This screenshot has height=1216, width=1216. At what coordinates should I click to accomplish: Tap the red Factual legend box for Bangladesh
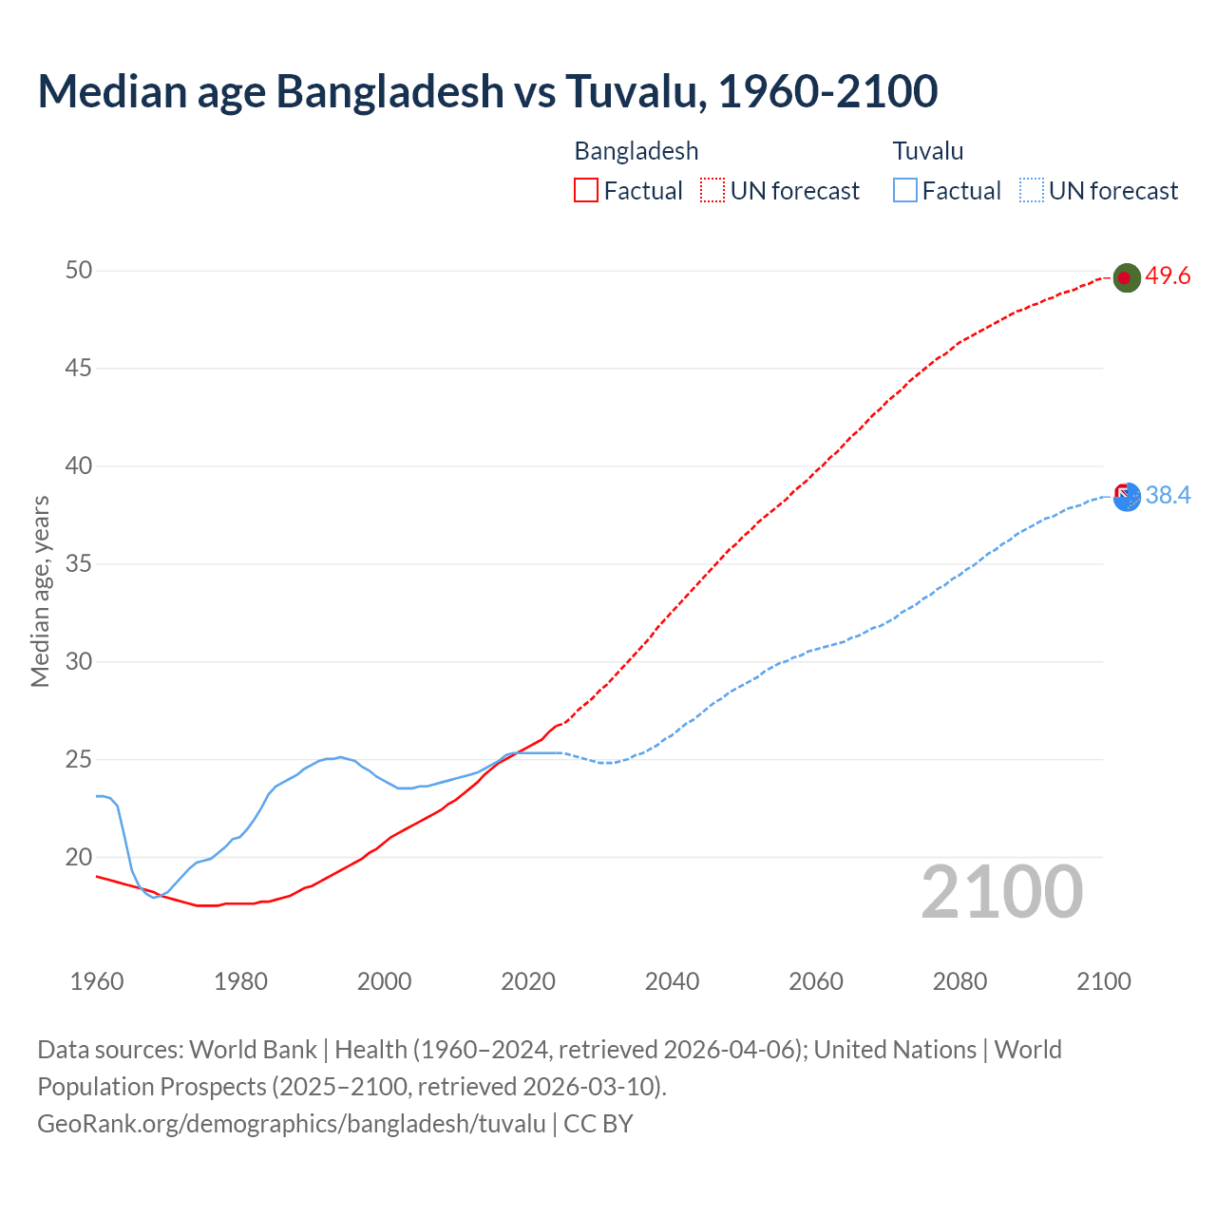[x=586, y=191]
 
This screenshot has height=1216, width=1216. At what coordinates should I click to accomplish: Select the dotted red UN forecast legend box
[x=712, y=191]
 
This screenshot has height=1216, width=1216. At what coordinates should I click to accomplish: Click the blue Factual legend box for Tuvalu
[x=905, y=191]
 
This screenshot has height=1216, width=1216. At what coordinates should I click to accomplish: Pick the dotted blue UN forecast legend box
[x=1032, y=191]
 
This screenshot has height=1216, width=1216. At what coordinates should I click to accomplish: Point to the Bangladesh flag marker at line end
[x=1126, y=277]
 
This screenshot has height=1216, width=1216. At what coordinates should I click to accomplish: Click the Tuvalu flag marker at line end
[x=1126, y=496]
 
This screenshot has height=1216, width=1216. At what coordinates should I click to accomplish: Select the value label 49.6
[x=1168, y=276]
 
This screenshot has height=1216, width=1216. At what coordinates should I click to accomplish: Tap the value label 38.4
[x=1168, y=495]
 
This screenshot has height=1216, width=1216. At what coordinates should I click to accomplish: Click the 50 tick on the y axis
[x=79, y=271]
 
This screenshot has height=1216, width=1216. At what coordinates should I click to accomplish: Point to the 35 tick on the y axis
[x=79, y=564]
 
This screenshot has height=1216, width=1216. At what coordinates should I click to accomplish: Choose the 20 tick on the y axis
[x=79, y=858]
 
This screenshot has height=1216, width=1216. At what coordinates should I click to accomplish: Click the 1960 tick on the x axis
[x=97, y=981]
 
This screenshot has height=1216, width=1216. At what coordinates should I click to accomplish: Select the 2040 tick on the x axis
[x=672, y=981]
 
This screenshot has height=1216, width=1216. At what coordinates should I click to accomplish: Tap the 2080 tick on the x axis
[x=959, y=981]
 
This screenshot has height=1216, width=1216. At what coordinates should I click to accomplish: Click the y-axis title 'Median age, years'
[x=40, y=591]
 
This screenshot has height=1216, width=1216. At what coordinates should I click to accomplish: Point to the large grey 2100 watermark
[x=1001, y=892]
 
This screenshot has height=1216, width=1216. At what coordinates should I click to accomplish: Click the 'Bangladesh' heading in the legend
[x=636, y=151]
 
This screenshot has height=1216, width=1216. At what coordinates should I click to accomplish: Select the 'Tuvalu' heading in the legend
[x=928, y=151]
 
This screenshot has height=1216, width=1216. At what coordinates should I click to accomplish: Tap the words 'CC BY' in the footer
[x=598, y=1124]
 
